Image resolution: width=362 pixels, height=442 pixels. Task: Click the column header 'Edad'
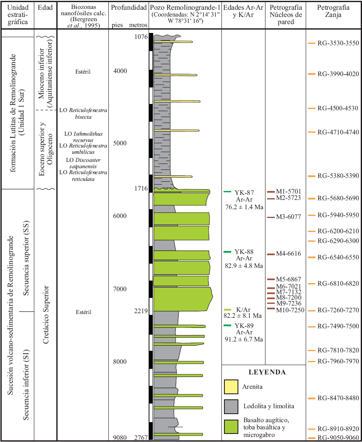pos(44,8)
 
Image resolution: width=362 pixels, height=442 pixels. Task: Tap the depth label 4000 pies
pos(120,71)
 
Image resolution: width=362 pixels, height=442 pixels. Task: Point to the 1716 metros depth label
pos(140,188)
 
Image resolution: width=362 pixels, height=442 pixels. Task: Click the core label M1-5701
pos(288,191)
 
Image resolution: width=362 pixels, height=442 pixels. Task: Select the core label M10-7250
pos(290,310)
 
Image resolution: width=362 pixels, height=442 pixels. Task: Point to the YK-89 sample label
pos(244,326)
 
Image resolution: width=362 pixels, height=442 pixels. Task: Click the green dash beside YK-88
pos(227,252)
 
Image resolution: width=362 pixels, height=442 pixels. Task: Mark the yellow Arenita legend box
pos(231,386)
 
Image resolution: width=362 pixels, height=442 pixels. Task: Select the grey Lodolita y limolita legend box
pos(231,406)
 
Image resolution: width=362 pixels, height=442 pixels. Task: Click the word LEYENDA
pos(266,372)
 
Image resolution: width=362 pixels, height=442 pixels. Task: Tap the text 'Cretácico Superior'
pos(46,315)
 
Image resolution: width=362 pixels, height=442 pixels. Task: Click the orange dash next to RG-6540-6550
pos(311,257)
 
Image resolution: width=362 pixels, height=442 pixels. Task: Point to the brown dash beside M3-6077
pos(271,217)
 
